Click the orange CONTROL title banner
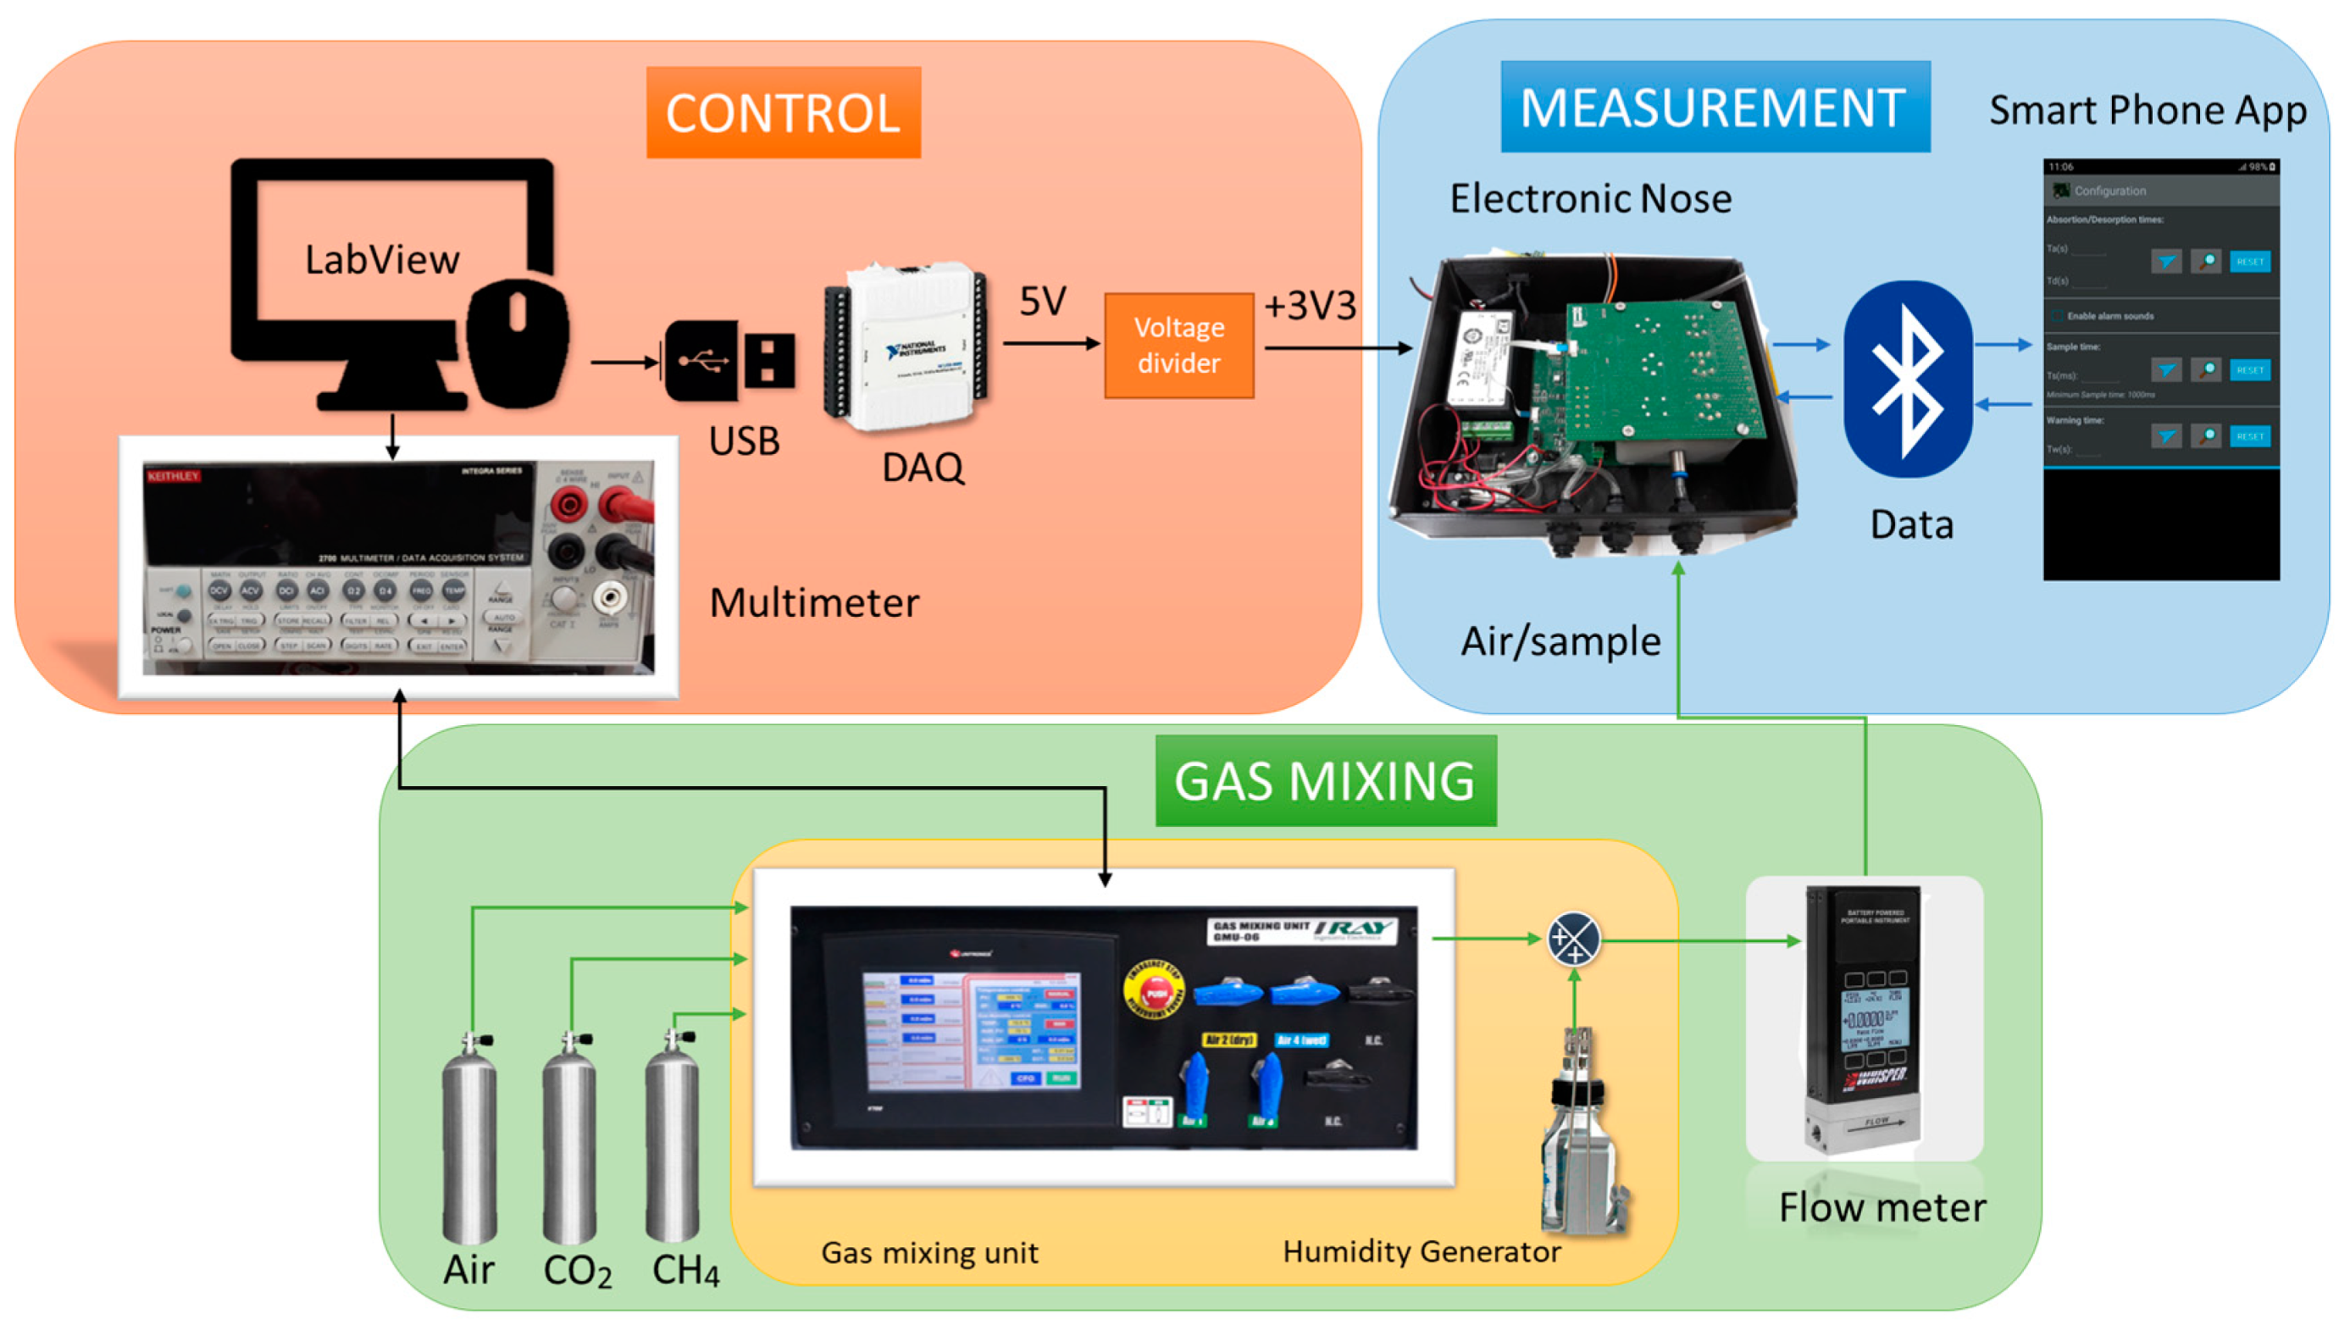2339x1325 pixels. (x=783, y=112)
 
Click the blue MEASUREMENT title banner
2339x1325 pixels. (x=1713, y=108)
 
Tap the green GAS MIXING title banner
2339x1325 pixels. (x=1324, y=781)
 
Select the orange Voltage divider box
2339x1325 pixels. (x=1178, y=345)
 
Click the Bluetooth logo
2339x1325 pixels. (x=1907, y=379)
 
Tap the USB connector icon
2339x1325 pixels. (x=729, y=361)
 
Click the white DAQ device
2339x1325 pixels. (x=906, y=346)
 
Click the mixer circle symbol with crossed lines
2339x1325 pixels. (x=1573, y=938)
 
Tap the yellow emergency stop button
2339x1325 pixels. (x=1154, y=991)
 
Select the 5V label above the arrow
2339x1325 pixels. (x=1042, y=302)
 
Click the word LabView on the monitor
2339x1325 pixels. (x=381, y=260)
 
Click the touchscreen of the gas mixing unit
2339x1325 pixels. (x=971, y=1030)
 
